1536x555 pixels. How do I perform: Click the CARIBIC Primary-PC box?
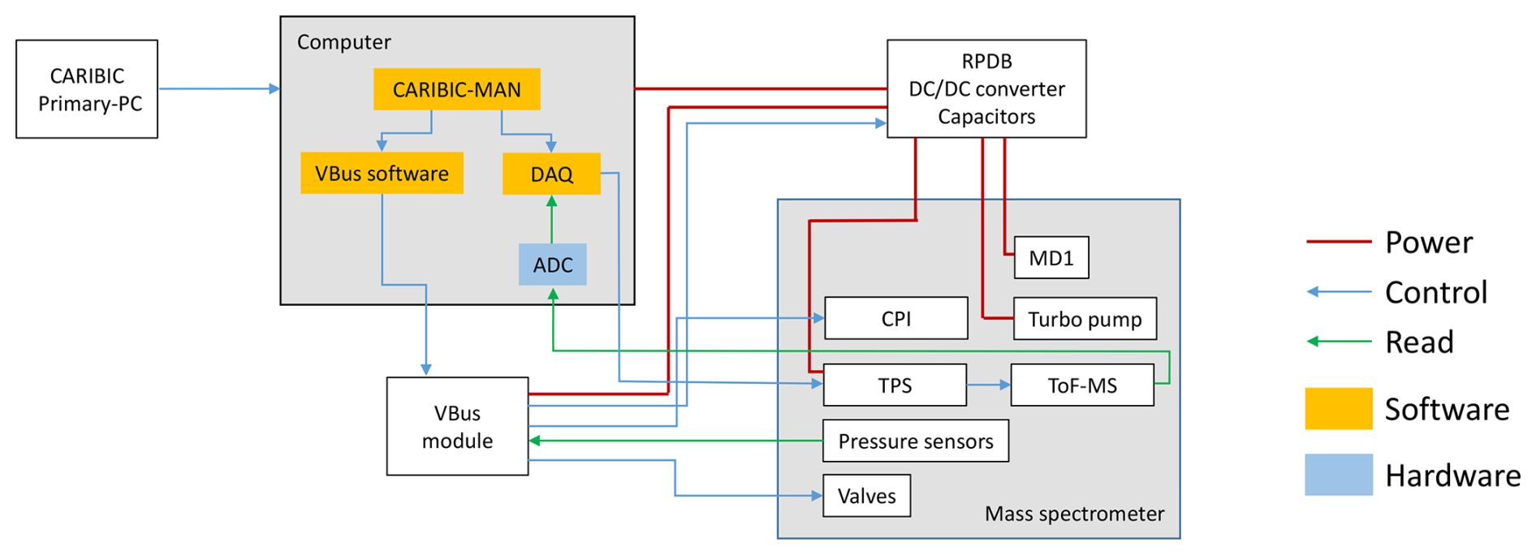87,89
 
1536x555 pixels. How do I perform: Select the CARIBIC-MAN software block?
456,89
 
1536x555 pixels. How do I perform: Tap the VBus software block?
382,173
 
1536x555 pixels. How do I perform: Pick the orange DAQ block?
551,174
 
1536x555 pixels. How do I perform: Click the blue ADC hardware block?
552,265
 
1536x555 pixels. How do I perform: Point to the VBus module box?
457,426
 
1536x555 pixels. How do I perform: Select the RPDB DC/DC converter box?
986,88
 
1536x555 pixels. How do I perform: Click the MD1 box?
1051,258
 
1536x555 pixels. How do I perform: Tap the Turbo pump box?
1085,319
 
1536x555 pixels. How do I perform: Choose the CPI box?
895,318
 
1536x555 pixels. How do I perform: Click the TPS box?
895,385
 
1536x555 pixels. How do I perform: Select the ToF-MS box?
1081,385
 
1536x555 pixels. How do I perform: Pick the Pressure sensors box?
915,441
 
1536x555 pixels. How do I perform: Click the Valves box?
866,496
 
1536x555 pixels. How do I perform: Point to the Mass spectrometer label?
1073,514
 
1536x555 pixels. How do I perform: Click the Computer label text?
343,42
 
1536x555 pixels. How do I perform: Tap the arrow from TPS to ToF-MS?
988,385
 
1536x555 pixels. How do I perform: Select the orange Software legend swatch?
1338,408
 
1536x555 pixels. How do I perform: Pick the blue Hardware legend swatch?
1338,475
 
